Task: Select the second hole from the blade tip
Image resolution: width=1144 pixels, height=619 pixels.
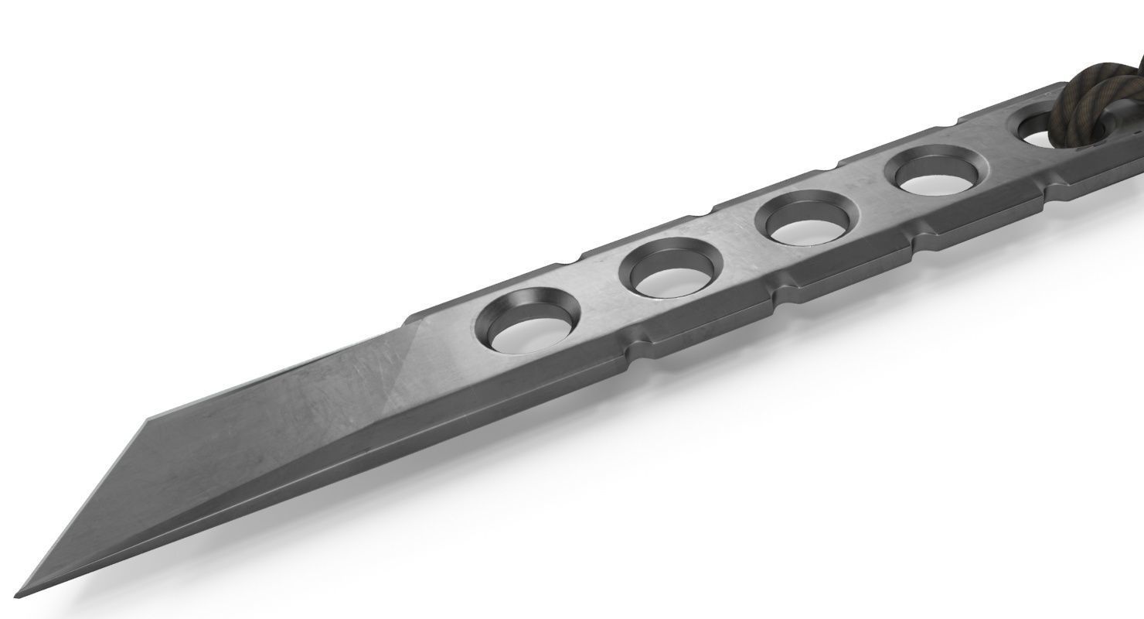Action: click(x=669, y=268)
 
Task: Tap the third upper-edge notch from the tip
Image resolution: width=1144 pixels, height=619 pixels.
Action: click(x=834, y=164)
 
